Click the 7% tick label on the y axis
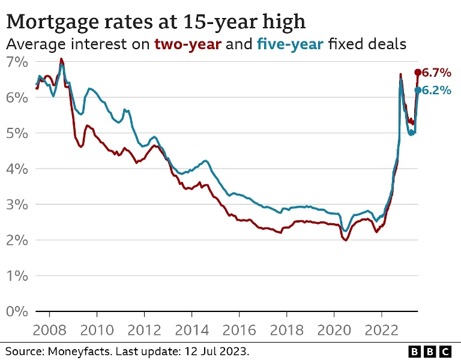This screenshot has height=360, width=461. [x=17, y=62]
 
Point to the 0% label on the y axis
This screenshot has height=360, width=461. [x=17, y=311]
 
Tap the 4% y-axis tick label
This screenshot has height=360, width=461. [x=17, y=169]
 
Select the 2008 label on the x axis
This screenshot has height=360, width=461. [x=49, y=331]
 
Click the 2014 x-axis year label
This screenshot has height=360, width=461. [x=191, y=331]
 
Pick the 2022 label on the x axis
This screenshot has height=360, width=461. [x=382, y=331]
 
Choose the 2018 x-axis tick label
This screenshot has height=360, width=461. [x=287, y=331]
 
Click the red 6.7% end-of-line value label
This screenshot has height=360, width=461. [x=436, y=73]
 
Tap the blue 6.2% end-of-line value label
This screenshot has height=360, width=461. [x=436, y=90]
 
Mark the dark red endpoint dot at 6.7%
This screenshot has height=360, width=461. [x=418, y=72]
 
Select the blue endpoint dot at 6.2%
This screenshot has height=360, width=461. [x=418, y=90]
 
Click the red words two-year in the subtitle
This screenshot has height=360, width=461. [x=188, y=44]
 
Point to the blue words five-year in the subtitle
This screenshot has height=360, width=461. [x=290, y=44]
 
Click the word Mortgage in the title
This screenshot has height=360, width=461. [x=52, y=22]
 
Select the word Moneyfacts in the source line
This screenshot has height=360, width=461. [x=79, y=352]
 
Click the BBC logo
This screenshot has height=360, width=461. [x=430, y=352]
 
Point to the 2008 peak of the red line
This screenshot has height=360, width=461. [x=61, y=59]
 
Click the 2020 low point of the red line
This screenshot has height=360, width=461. [x=346, y=240]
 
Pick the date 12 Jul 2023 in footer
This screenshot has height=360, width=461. [x=216, y=351]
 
